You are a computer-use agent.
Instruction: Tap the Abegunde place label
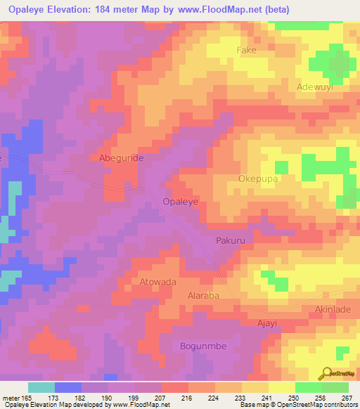click(x=121, y=158)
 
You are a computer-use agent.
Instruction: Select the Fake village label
click(x=246, y=51)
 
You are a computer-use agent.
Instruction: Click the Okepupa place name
click(x=260, y=178)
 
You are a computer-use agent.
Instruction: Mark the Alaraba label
click(x=203, y=296)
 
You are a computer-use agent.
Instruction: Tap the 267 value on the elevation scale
click(x=346, y=398)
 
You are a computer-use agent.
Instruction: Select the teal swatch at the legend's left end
click(x=41, y=387)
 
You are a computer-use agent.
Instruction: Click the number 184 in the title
click(x=118, y=9)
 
